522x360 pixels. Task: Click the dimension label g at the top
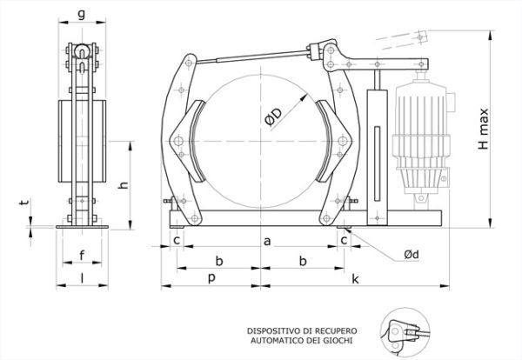[x=81, y=15]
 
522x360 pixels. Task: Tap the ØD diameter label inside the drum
[x=274, y=117]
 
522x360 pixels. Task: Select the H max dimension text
[x=483, y=129]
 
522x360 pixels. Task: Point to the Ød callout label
[x=412, y=255]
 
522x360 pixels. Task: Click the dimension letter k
[x=356, y=279]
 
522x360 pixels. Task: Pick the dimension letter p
[x=211, y=278]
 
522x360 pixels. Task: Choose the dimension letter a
[x=267, y=241]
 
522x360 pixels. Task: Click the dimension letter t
[x=24, y=201]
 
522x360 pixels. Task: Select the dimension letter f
[x=82, y=256]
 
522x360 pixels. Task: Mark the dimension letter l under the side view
[x=83, y=278]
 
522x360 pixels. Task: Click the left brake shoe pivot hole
[x=178, y=141]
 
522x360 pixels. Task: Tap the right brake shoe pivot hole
[x=343, y=141]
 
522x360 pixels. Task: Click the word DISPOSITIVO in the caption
[x=274, y=331]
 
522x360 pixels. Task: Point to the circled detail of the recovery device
[x=405, y=332]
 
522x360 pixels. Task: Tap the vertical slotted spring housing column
[x=377, y=157]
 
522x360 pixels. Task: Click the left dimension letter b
[x=218, y=261]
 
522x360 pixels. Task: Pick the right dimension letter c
[x=344, y=240]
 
